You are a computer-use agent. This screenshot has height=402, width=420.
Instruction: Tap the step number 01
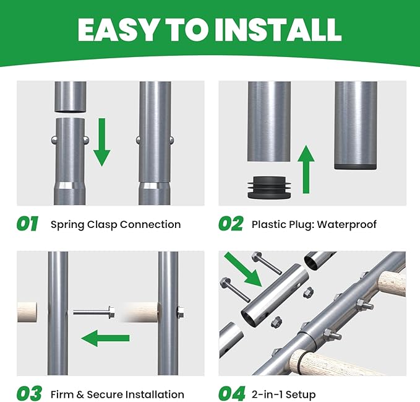point(27,224)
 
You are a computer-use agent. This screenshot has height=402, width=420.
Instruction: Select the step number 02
point(231,224)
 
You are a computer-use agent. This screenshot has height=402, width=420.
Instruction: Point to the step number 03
point(29,393)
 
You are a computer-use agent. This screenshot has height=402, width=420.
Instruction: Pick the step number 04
point(232,393)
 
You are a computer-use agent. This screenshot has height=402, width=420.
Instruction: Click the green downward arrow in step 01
point(102,142)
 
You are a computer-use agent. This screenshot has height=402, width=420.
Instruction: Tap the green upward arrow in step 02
point(306,169)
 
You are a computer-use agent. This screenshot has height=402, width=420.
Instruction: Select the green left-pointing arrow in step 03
point(105,338)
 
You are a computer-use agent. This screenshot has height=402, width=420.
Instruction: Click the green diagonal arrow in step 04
point(243,269)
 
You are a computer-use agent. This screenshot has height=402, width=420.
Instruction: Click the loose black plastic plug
point(269,187)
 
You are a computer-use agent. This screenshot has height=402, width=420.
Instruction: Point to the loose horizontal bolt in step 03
point(94,312)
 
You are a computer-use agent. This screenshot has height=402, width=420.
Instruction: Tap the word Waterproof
point(347,224)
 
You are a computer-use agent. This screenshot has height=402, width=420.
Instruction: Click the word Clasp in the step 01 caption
point(102,225)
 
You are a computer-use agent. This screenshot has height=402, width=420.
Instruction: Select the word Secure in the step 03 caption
point(105,395)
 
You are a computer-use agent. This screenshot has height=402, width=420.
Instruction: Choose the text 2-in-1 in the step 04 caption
point(267,395)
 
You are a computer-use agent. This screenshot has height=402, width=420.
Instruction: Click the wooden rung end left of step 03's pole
point(27,312)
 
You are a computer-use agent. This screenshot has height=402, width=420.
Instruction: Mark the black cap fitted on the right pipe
point(356,167)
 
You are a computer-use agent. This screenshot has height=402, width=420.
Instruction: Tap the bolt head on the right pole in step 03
point(181,312)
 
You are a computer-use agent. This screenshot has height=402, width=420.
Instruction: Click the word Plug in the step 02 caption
point(301,225)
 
